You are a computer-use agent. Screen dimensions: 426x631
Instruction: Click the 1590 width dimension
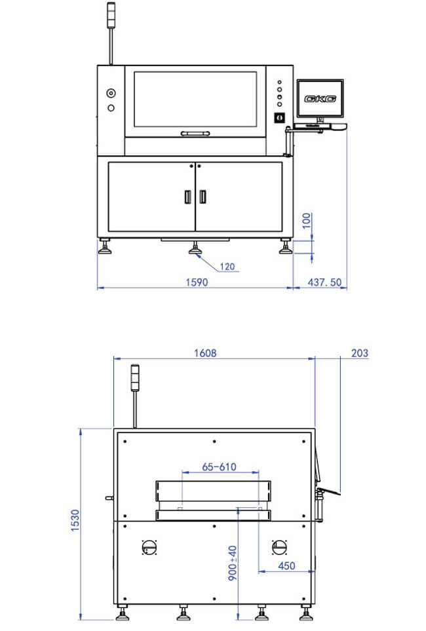coord(197,282)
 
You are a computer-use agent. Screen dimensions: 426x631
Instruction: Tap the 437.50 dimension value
coord(324,282)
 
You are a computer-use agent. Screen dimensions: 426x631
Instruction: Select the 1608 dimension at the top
coord(205,353)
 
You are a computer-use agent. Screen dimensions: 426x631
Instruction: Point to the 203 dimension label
coord(360,353)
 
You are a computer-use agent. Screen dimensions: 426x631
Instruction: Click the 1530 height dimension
coord(75,520)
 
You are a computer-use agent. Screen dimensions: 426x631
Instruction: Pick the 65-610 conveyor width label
coord(219,467)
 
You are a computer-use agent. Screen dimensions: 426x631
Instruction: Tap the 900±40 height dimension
coord(232,563)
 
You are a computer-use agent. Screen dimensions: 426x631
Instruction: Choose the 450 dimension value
coord(286,566)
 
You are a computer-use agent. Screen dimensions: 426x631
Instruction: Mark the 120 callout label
coord(227,267)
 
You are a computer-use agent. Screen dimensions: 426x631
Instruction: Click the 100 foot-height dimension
coord(307,221)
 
